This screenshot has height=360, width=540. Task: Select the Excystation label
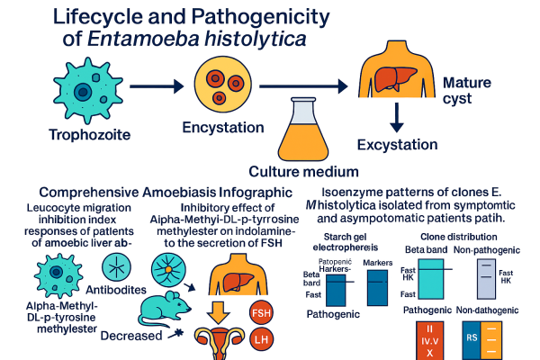pyautogui.click(x=397, y=144)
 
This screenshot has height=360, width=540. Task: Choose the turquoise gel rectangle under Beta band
pyautogui.click(x=424, y=278)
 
